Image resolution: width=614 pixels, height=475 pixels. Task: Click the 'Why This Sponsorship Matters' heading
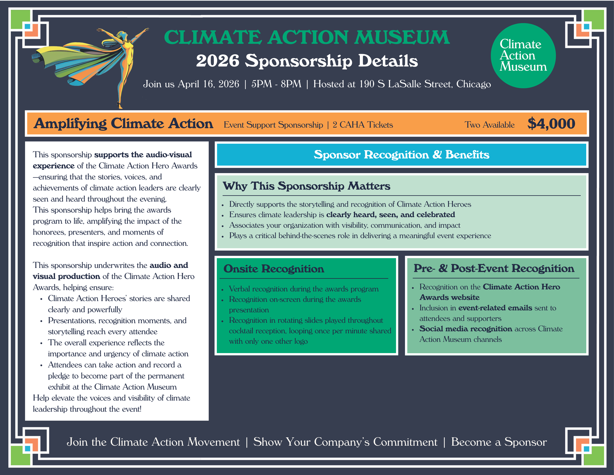[x=306, y=186]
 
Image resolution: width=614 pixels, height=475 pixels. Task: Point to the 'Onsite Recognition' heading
[x=274, y=269]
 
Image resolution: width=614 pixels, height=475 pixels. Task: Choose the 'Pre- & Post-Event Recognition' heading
[x=494, y=268]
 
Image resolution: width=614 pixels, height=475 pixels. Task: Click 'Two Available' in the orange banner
[x=489, y=125]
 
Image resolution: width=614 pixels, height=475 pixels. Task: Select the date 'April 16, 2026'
[x=208, y=84]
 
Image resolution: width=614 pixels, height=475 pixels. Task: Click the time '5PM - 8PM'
[x=276, y=84]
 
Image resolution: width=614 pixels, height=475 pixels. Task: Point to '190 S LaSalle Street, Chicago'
[x=425, y=84]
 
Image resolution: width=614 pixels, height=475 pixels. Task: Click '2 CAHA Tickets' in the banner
[x=363, y=125]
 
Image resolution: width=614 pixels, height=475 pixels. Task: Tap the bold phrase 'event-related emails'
[x=495, y=308]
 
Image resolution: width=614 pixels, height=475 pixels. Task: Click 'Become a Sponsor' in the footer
[x=499, y=442]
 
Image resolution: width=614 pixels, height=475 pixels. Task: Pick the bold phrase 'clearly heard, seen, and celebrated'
[x=391, y=215]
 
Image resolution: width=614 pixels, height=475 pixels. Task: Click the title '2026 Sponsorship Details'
[x=307, y=61]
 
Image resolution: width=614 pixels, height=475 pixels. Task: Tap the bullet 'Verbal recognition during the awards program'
[x=304, y=289]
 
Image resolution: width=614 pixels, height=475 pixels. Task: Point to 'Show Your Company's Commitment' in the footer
[x=345, y=442]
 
